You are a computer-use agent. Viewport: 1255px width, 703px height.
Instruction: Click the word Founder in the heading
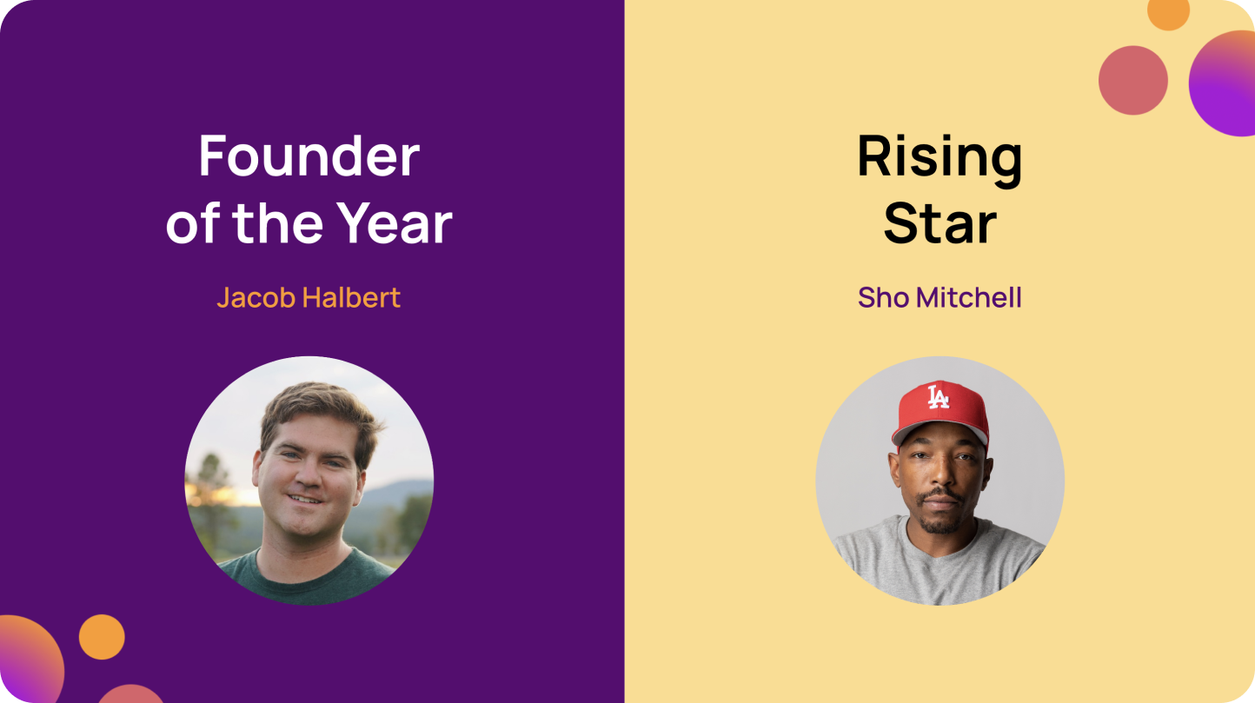[309, 156]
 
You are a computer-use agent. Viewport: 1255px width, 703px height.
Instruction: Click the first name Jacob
[256, 297]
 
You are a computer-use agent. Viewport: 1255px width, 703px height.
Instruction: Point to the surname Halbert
[351, 297]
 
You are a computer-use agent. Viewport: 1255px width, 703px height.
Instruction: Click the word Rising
[940, 156]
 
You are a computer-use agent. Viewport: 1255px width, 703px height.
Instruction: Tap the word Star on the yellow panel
[940, 223]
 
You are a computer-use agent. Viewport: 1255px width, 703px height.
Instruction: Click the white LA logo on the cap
[938, 398]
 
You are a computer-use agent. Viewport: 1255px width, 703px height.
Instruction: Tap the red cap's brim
[947, 429]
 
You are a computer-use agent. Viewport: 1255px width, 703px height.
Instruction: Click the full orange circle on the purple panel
[102, 637]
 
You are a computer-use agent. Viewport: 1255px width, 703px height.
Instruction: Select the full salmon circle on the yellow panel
[1132, 80]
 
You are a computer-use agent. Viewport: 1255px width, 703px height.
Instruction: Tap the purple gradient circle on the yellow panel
[1225, 83]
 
